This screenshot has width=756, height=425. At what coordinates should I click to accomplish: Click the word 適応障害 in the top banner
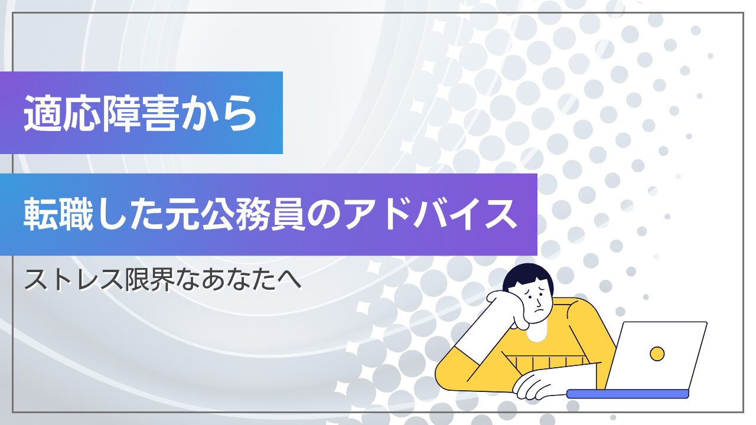(x=101, y=113)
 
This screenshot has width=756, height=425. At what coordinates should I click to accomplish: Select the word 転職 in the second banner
(x=58, y=215)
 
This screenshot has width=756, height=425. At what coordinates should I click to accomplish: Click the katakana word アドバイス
(x=429, y=214)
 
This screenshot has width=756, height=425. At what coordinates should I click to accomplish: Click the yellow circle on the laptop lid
(x=657, y=354)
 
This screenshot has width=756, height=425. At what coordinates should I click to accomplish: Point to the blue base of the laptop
(x=627, y=394)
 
